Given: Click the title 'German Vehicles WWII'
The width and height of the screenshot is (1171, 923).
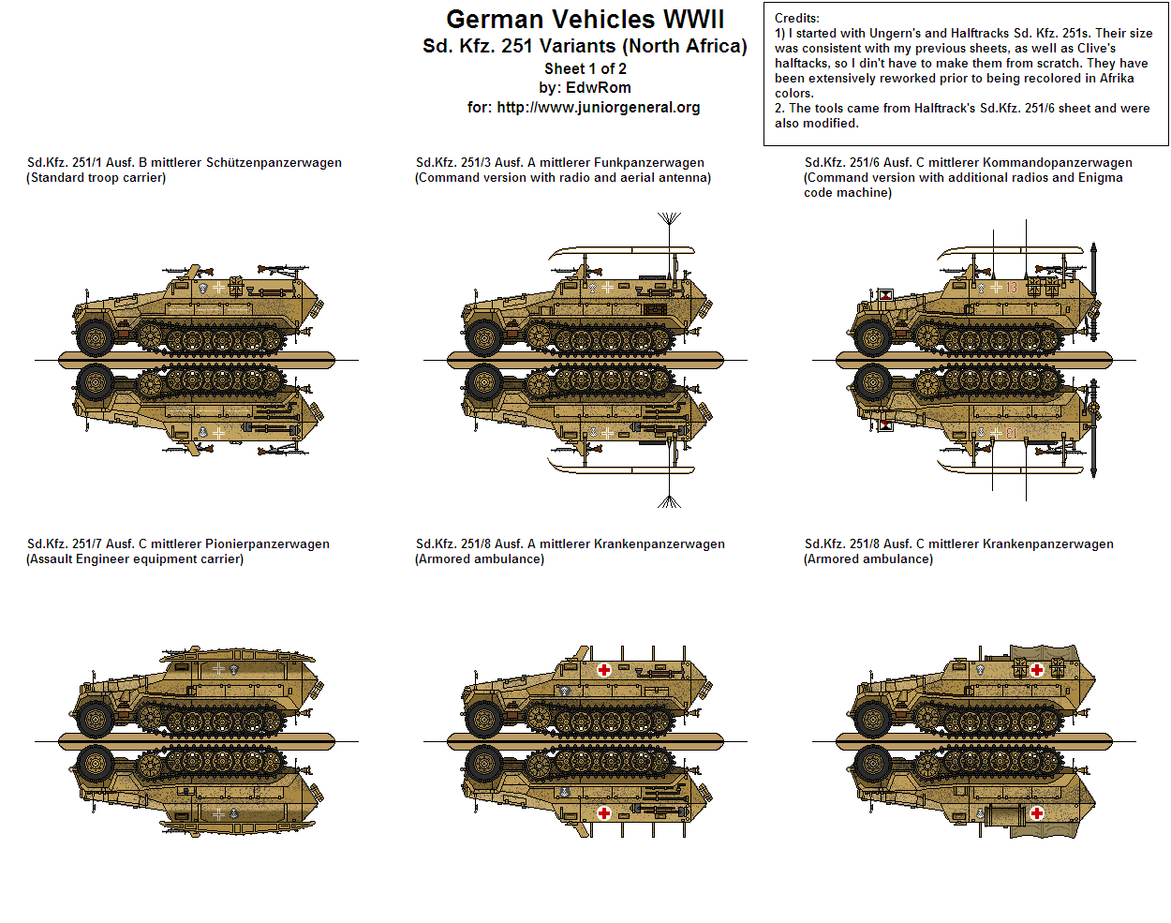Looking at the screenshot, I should pos(585,20).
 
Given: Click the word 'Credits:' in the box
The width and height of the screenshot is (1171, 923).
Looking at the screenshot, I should pos(796,18).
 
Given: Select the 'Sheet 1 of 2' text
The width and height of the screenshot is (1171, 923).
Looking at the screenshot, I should pos(585,68).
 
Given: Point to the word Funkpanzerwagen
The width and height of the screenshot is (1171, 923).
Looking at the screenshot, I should pos(645,163).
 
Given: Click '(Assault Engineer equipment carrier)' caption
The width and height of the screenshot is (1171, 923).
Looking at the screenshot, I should pos(135,559).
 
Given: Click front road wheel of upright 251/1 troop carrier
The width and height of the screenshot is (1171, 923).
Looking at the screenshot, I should pos(95,336).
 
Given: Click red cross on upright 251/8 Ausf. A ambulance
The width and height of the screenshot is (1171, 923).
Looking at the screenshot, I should pos(604,670).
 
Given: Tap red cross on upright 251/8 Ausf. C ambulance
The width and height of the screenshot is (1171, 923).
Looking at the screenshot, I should pos(1037,670).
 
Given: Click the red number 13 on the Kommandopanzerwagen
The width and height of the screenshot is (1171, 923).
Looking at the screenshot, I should pos(1012,288).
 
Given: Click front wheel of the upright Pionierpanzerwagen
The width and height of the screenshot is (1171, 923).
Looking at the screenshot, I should pos(95,719).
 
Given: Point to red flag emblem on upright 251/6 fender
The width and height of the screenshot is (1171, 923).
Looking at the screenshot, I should pos(885,296).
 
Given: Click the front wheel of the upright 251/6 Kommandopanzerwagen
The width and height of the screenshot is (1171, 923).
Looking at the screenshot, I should pos(872,337).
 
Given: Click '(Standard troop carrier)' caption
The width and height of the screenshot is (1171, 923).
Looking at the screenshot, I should pos(96,178).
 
